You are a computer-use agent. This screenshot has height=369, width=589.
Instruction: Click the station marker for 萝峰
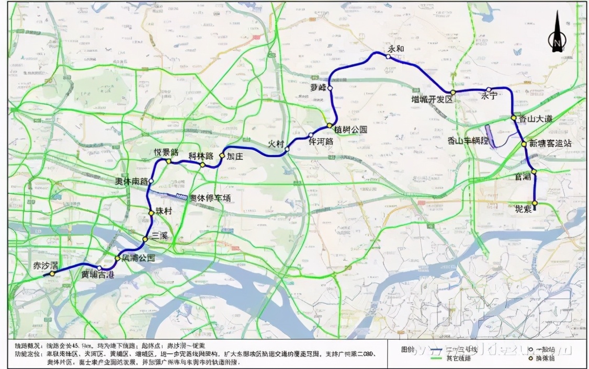330,88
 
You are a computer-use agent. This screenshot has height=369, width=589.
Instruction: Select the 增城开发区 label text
432,99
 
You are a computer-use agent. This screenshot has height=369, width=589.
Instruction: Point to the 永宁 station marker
488,90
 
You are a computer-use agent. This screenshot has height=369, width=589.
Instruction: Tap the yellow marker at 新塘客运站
524,144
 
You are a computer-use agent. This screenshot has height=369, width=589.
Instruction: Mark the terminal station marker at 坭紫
535,203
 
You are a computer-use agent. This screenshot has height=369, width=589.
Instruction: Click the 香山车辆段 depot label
468,140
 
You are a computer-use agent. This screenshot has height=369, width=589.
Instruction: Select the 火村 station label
276,143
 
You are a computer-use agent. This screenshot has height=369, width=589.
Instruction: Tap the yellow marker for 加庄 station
222,156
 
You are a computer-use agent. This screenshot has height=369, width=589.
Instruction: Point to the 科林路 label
201,156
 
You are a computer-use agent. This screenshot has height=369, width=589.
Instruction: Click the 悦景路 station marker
168,162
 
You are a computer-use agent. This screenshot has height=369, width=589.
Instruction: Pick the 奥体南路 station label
131,181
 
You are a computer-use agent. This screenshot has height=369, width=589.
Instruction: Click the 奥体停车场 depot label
209,198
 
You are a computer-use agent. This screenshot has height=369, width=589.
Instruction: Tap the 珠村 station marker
151,212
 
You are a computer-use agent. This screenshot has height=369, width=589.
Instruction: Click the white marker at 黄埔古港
99,268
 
